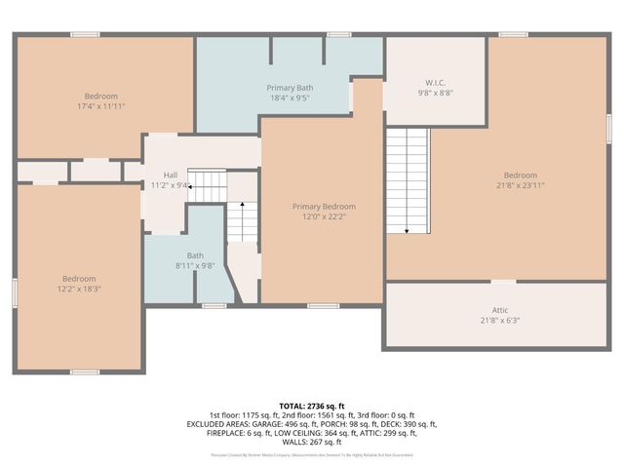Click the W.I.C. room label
pos(435,82)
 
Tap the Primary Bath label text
pos(290,88)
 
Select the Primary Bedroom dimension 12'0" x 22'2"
pos(325,216)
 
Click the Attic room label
pos(499,311)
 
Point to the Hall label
pos(171,175)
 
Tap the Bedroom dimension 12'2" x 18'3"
pos(78,289)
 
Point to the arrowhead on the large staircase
pos(407,231)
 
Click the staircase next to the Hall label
pos(207,179)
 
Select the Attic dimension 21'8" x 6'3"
pos(499,321)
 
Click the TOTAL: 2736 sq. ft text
pos(312,406)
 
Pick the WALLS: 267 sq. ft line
pos(312,442)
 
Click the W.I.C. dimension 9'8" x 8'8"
pos(435,93)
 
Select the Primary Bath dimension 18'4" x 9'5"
pos(290,97)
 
